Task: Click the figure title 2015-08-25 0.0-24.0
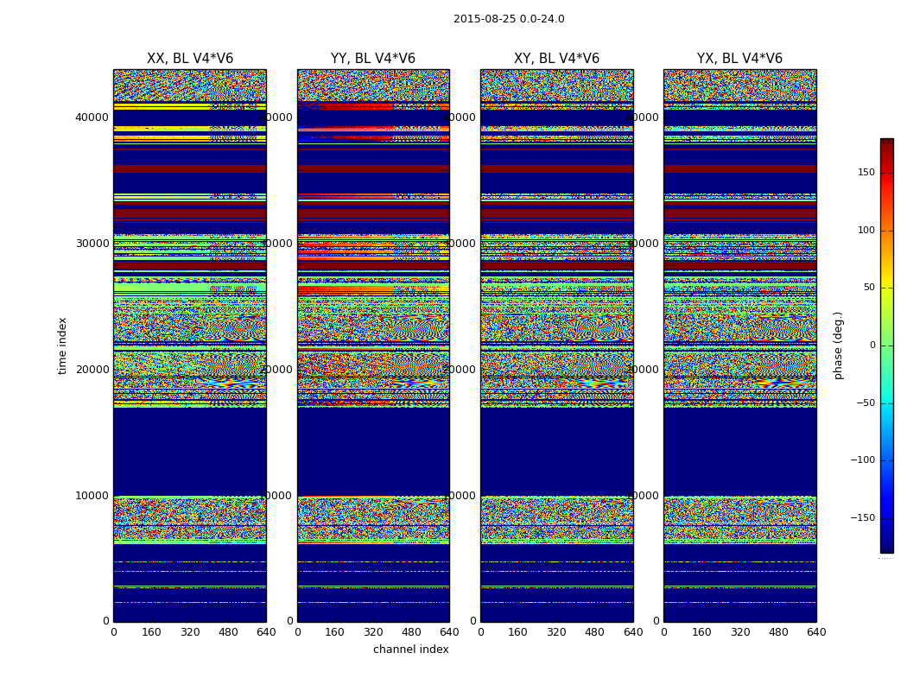[x=509, y=19]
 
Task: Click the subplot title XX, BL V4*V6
[x=190, y=59]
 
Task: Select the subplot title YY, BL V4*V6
[x=373, y=59]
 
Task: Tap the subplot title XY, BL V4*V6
[x=556, y=59]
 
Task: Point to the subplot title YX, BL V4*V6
[x=739, y=59]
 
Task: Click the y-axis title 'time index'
[x=62, y=345]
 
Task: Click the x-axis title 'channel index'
[x=411, y=650]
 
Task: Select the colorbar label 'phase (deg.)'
[x=838, y=345]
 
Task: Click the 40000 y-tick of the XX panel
[x=92, y=117]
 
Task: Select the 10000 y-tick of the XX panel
[x=92, y=496]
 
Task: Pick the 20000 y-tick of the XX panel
[x=92, y=370]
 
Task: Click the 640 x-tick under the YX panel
[x=816, y=632]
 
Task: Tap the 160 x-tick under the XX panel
[x=152, y=632]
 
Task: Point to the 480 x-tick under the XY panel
[x=595, y=632]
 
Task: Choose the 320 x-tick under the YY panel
[x=373, y=632]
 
